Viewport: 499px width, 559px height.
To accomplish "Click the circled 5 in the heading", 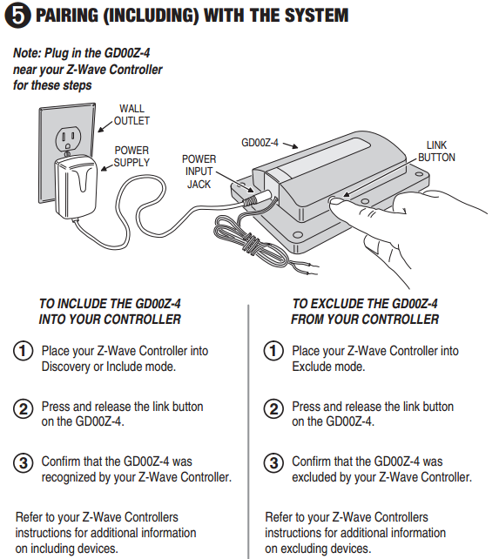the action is (x=17, y=16).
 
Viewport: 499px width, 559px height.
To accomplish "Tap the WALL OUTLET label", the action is (x=131, y=114).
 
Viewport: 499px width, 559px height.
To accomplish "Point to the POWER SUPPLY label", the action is (x=131, y=156).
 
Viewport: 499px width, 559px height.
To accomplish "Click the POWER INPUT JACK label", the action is (x=199, y=172).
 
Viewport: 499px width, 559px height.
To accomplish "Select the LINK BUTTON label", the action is (x=436, y=152).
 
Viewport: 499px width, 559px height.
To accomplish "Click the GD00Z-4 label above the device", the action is (x=260, y=143).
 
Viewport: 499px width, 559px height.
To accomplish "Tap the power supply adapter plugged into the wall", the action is (x=76, y=186).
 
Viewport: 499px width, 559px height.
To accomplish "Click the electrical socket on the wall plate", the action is (x=68, y=138).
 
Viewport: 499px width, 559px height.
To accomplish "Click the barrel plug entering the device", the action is (x=258, y=198).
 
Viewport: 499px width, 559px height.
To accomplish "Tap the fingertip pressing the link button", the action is (x=336, y=202).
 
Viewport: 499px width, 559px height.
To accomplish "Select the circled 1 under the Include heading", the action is (x=24, y=351).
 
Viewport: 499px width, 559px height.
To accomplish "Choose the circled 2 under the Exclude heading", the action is (x=273, y=408).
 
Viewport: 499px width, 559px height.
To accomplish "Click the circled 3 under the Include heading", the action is (x=24, y=462).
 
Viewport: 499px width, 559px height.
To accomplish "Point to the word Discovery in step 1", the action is (x=65, y=367).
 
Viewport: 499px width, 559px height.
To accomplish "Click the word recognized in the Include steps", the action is (x=69, y=477).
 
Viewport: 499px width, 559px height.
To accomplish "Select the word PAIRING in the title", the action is (x=67, y=16).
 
